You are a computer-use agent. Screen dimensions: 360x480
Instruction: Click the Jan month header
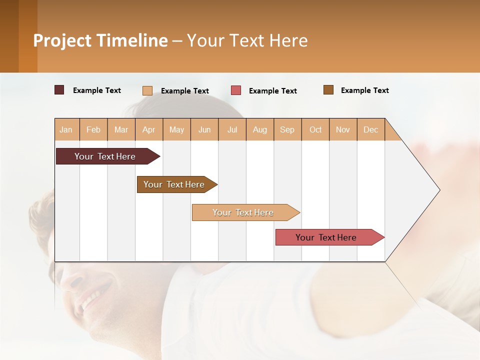tap(66, 129)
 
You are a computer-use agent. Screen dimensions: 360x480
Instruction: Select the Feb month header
tap(93, 129)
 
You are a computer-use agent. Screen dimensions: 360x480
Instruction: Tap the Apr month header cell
tap(149, 129)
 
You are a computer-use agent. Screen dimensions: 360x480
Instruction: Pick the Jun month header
tap(204, 129)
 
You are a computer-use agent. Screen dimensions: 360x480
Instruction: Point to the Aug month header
tap(260, 129)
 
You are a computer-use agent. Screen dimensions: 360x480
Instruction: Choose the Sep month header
tap(287, 129)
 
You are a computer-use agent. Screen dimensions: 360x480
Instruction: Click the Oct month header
tap(315, 129)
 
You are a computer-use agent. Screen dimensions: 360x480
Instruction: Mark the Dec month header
tap(371, 129)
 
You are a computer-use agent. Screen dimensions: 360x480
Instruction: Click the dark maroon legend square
tap(59, 90)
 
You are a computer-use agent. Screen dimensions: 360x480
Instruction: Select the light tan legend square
tap(147, 90)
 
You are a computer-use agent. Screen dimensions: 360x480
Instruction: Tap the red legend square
tap(236, 90)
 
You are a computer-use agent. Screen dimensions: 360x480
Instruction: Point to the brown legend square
tap(328, 90)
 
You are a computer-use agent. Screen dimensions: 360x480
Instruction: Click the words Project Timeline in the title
tap(100, 40)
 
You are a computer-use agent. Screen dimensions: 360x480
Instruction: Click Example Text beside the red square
tap(273, 91)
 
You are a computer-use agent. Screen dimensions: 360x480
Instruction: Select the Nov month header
tap(343, 129)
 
